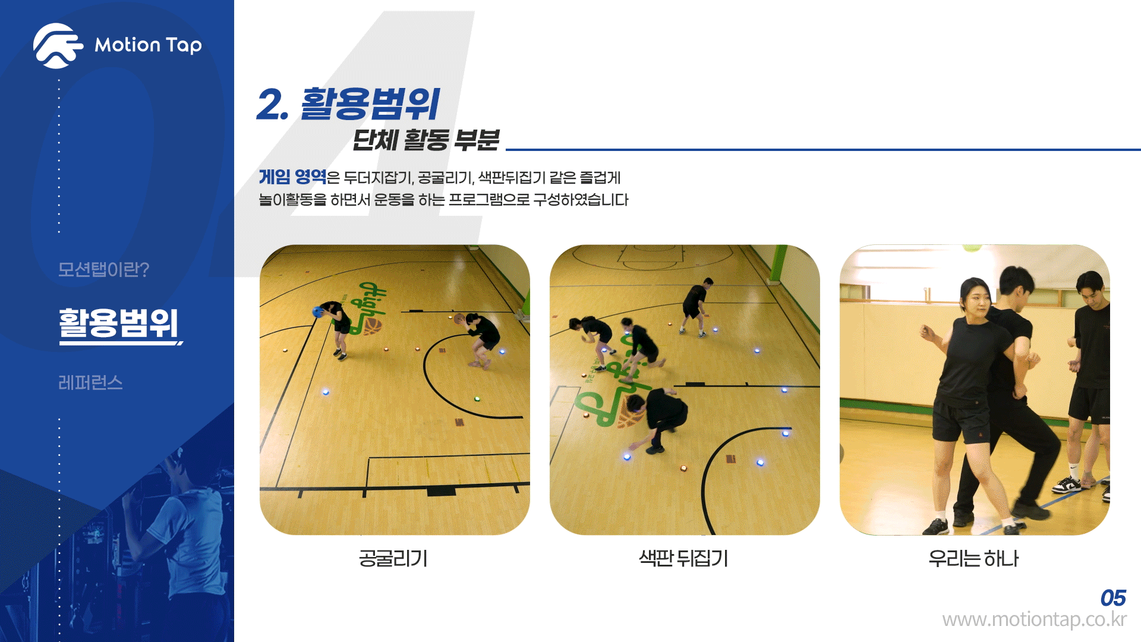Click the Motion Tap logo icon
tap(58, 45)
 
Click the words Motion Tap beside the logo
tap(148, 45)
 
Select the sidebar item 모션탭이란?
tap(103, 269)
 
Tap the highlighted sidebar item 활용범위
tap(118, 323)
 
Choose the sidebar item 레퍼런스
tap(90, 382)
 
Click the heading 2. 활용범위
tap(348, 104)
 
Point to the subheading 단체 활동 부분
tap(425, 140)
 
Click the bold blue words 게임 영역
tap(292, 177)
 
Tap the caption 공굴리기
tap(393, 558)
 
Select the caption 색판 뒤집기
tap(683, 558)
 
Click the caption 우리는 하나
tap(973, 558)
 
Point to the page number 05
tap(1113, 598)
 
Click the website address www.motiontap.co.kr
tap(1034, 619)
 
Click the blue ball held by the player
tap(318, 311)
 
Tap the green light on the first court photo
tap(477, 398)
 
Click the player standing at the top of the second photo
tap(696, 307)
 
